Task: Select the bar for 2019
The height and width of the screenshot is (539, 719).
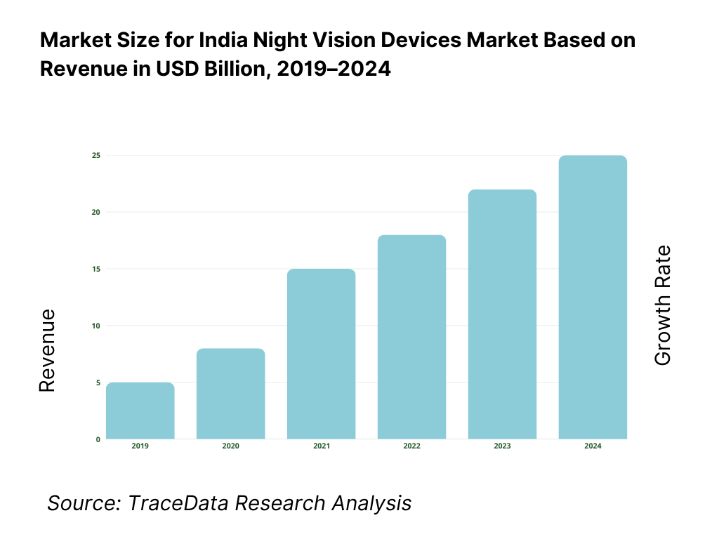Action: click(140, 411)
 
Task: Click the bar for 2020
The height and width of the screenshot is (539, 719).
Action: click(230, 394)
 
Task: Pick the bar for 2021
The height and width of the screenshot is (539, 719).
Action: click(321, 354)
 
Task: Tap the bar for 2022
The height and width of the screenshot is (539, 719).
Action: click(411, 338)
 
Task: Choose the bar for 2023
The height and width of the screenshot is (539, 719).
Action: click(502, 315)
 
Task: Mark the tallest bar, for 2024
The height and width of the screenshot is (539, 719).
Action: click(593, 298)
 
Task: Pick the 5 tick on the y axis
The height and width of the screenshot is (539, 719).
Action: click(98, 382)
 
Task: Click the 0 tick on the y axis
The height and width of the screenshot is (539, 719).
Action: click(98, 439)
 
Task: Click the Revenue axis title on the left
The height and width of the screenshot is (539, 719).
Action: click(47, 351)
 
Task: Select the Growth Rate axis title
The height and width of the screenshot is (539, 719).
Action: click(663, 305)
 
